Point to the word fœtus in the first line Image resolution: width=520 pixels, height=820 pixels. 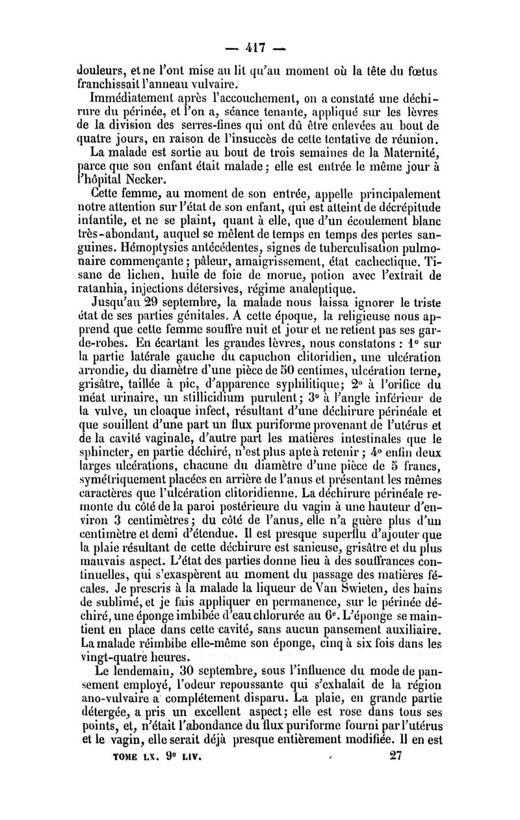pyautogui.click(x=424, y=70)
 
